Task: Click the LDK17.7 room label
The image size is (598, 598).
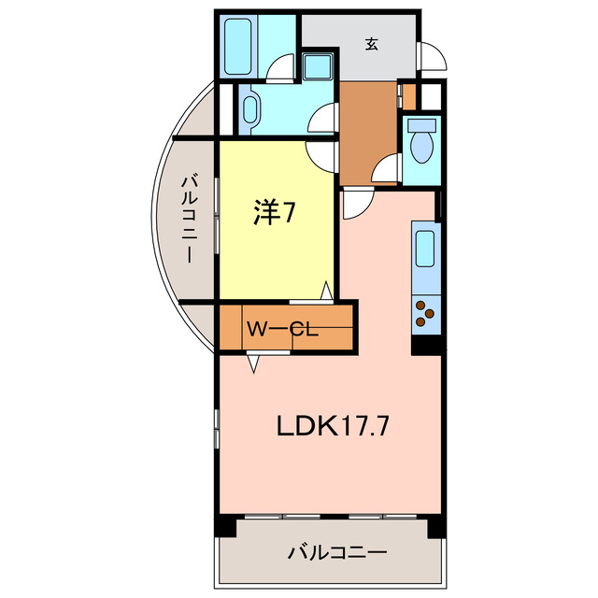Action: [x=332, y=426]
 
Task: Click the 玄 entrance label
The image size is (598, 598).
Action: [x=372, y=42]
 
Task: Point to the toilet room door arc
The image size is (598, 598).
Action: [x=387, y=170]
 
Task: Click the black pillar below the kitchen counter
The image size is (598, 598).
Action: [x=425, y=344]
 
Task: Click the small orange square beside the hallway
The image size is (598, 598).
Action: [x=408, y=95]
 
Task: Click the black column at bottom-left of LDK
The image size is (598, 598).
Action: [x=225, y=526]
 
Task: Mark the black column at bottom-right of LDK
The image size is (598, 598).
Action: [x=435, y=526]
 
